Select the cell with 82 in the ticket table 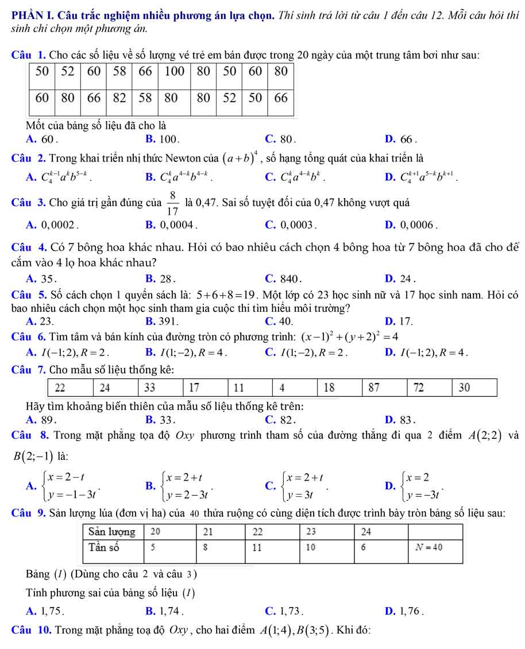[119, 97]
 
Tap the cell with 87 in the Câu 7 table [374, 387]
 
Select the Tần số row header [104, 547]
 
